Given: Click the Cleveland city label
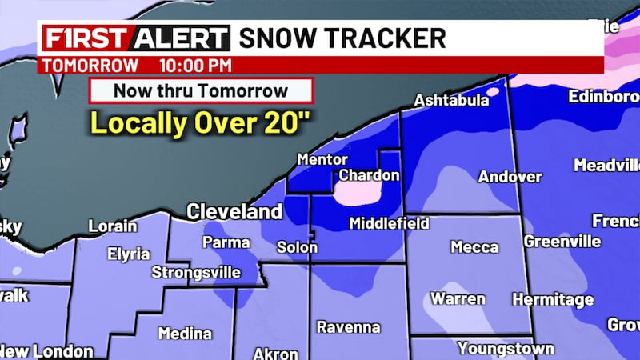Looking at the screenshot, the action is [x=234, y=212].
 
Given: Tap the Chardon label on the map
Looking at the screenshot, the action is [x=369, y=175].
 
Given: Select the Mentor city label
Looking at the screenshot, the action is [x=322, y=160].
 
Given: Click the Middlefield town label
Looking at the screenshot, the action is [x=389, y=224].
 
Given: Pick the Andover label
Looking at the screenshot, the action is [x=510, y=177].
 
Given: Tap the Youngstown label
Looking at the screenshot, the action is [x=506, y=349].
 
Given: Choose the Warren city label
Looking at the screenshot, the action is [x=458, y=299].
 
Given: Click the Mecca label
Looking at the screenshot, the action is [x=474, y=247].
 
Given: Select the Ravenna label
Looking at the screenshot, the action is [x=348, y=327].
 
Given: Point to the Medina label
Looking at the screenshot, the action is [x=185, y=334].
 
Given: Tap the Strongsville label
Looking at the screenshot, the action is [x=196, y=273].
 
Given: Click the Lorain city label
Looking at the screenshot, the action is [x=112, y=226].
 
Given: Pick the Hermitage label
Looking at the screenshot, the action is [x=564, y=300].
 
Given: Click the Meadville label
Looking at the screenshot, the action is [x=606, y=166].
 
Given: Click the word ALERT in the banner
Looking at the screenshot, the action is [x=181, y=38].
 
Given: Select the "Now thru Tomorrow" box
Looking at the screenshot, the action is [x=200, y=90].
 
